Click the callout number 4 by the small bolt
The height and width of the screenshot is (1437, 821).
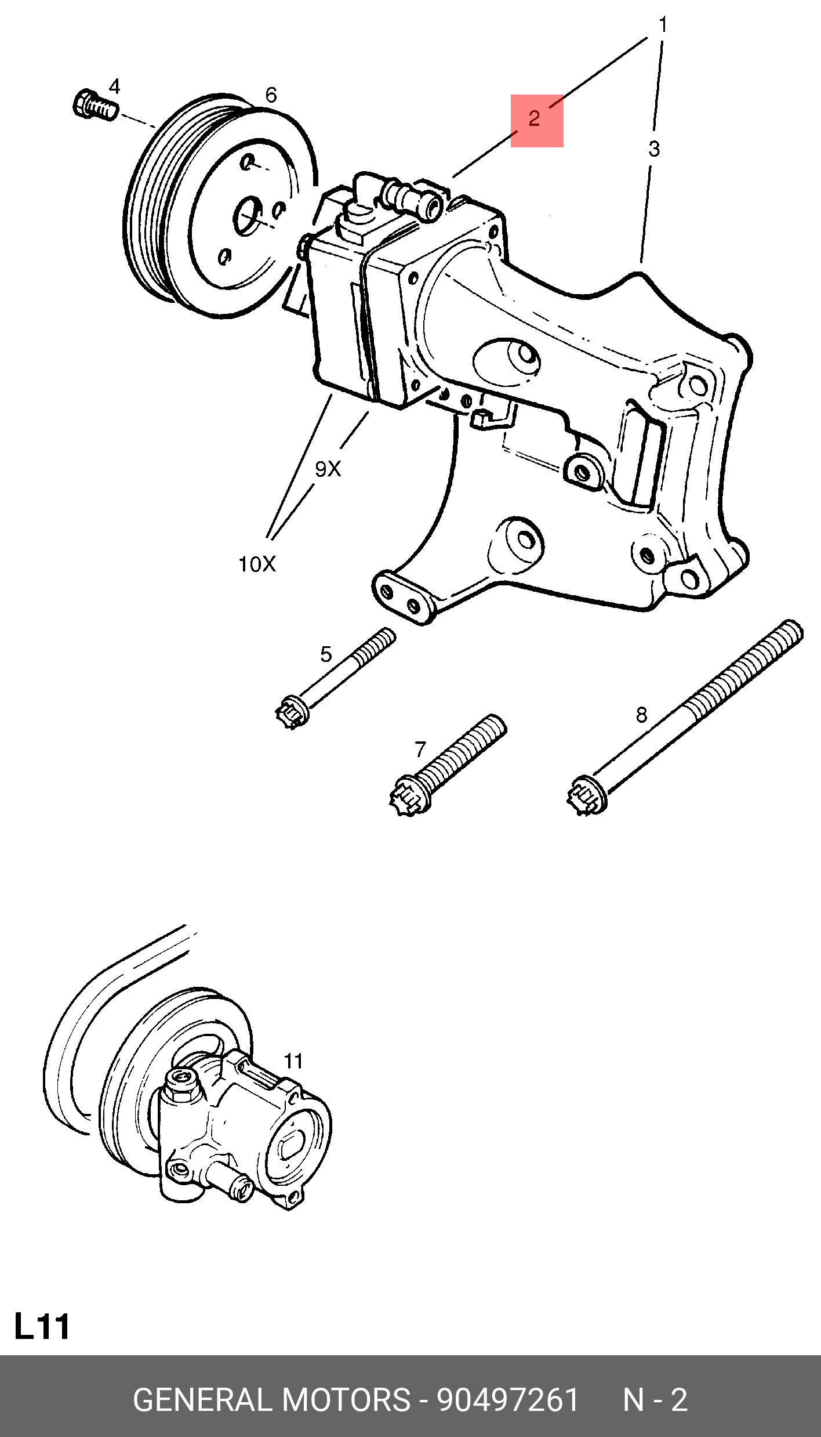pos(114,87)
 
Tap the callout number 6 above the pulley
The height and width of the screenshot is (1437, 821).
pos(271,95)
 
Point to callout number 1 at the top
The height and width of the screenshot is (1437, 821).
pos(663,25)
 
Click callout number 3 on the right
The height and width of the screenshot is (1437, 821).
pos(654,149)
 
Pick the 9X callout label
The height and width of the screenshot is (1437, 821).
pos(328,469)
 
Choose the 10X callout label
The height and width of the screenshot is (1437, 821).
pos(257,564)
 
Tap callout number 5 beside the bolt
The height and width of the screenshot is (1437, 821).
pos(326,654)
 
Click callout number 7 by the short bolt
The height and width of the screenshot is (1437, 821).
pos(420,750)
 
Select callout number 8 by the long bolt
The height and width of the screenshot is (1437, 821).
pos(641,715)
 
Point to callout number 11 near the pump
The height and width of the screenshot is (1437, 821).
pos(293,1061)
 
